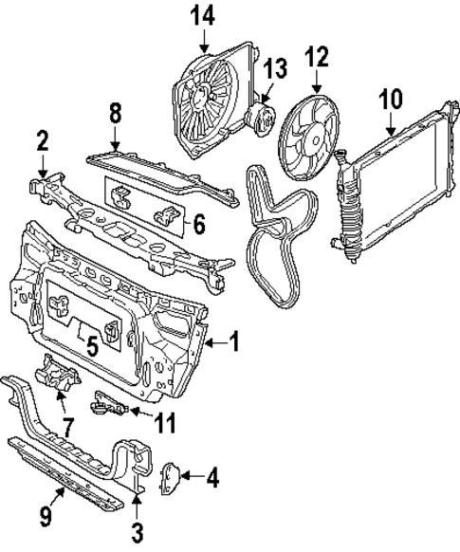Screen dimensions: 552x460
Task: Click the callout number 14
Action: click(203, 15)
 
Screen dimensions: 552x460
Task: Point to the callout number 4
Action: click(212, 477)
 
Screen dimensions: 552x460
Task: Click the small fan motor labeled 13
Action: click(259, 119)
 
